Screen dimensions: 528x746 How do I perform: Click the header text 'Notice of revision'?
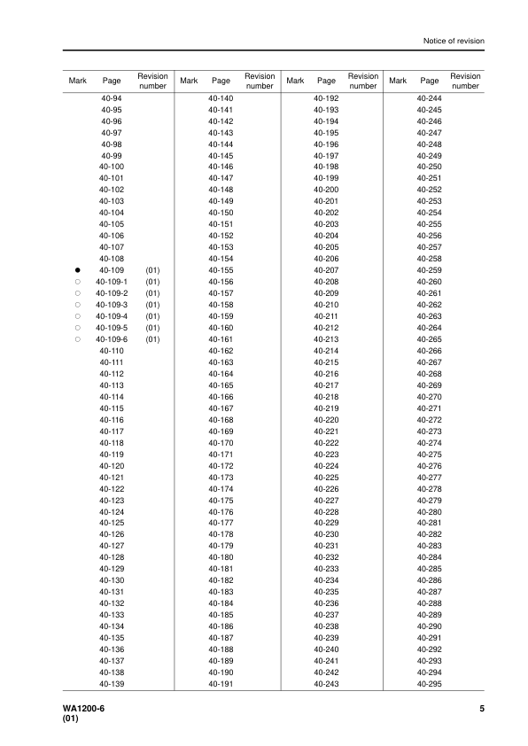tap(453, 41)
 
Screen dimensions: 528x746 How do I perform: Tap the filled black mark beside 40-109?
tap(77, 269)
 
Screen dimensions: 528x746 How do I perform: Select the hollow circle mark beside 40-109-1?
tap(77, 281)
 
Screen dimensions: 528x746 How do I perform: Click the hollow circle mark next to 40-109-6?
tap(77, 338)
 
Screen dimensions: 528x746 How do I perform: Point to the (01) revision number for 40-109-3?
tap(152, 304)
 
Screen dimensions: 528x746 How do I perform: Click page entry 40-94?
tap(112, 97)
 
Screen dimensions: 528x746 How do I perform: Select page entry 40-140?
tap(221, 97)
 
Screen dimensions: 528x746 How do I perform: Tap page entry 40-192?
tap(326, 97)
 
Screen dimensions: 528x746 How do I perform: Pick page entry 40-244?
tap(429, 97)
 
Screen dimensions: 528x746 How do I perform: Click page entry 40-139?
tap(112, 683)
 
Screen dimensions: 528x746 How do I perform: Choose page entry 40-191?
tap(221, 683)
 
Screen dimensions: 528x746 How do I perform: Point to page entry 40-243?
tap(326, 683)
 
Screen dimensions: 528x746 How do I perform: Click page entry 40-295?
tap(429, 683)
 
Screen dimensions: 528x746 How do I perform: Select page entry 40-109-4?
tap(112, 315)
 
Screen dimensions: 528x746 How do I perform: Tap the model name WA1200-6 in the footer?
tap(72, 709)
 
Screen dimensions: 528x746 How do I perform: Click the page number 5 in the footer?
tap(481, 709)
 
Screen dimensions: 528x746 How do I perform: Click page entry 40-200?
tap(326, 190)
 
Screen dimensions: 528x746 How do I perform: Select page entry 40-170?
tap(221, 442)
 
